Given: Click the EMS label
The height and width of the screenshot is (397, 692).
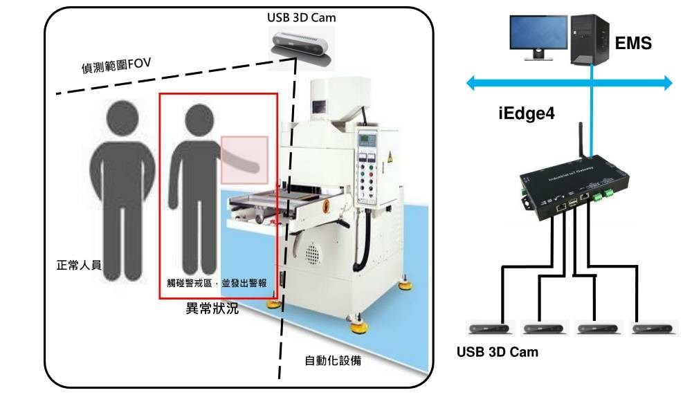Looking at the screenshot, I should (x=633, y=44).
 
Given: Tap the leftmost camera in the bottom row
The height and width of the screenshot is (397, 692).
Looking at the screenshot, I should (x=486, y=327).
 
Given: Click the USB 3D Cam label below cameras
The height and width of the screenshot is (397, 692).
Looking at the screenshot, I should (x=497, y=351).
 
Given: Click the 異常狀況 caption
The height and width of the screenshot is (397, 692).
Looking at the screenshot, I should (x=212, y=308).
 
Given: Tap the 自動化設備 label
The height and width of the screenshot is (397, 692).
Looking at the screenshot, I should (x=333, y=360).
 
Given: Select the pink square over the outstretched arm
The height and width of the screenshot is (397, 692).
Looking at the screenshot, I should (x=244, y=160).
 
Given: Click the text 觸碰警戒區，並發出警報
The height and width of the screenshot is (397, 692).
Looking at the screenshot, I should (x=217, y=283).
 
